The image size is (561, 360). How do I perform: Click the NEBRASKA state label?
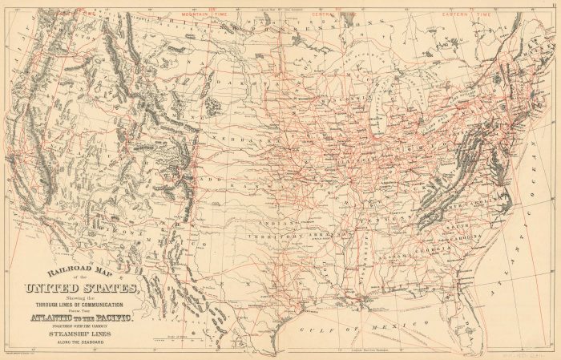pyautogui.click(x=255, y=139)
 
